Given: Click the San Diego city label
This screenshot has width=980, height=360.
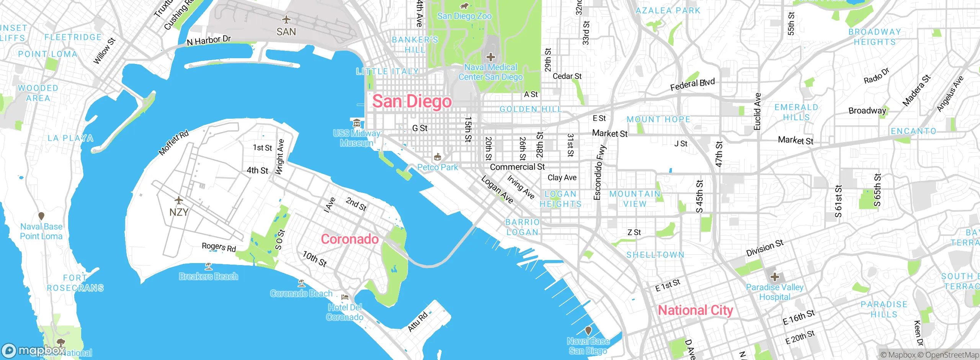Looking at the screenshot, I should pos(412,101).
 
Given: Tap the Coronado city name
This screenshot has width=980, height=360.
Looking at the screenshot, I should pos(350,239).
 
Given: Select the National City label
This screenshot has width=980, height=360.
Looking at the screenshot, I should pos(695,310).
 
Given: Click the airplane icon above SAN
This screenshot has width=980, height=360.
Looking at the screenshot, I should pos(286,20).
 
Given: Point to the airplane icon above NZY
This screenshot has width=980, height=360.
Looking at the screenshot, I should pos(178,200).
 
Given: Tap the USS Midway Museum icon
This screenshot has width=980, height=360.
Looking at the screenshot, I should pos(357,123).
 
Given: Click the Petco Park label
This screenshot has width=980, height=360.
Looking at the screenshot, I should pos(438,167).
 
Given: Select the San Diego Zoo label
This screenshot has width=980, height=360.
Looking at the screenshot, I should pos(464,16).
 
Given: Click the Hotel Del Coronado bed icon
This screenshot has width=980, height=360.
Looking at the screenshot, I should pos(345,297).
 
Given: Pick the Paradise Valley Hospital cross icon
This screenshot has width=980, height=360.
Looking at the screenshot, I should pos(774,277).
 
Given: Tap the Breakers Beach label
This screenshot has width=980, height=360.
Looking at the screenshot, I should pos(208,277).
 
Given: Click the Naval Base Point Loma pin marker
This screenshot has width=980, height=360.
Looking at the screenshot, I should pos(41,216).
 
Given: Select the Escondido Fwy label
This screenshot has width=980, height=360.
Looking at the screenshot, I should pos(599,172).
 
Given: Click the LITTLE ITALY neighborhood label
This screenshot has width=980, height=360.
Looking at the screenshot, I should pos(387,72).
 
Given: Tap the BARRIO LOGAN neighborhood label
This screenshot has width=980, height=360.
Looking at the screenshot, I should pos(522,227).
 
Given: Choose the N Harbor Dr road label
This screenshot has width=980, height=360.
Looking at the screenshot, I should pos(209,40).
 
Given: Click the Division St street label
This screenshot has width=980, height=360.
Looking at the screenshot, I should pos(764,248).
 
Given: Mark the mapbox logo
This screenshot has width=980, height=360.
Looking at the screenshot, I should pos(34,350).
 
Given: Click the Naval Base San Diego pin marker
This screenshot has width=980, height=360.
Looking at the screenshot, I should pos(588,331).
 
